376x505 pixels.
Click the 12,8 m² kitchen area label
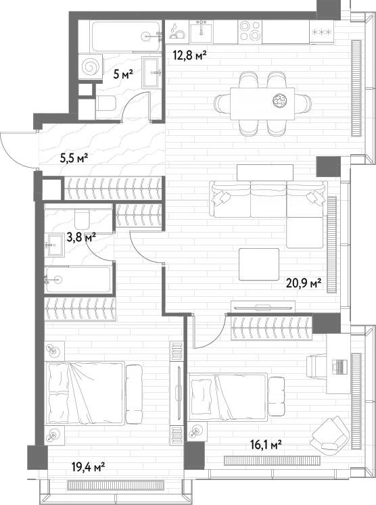189,56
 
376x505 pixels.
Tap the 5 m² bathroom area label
123,75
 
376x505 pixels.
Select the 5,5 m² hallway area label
74,158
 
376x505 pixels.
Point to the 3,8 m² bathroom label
81,238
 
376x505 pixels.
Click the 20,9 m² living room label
304,283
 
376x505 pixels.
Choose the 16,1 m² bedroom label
266,446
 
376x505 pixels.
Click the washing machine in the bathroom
91,66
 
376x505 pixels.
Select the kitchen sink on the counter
202,31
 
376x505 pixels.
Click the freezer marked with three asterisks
322,32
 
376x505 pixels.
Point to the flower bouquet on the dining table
279,100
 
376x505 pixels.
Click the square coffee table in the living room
259,264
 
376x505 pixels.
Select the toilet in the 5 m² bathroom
106,103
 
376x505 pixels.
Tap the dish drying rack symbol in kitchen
178,31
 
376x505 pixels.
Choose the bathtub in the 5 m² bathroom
126,36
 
